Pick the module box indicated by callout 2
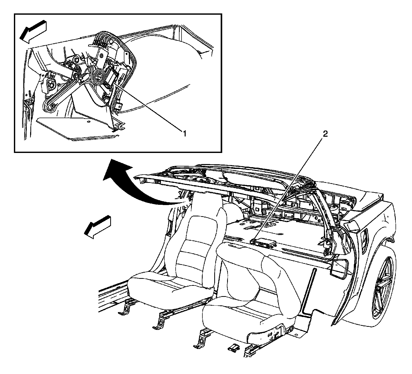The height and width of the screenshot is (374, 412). [263, 242]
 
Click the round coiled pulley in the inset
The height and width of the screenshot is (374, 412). [99, 76]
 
